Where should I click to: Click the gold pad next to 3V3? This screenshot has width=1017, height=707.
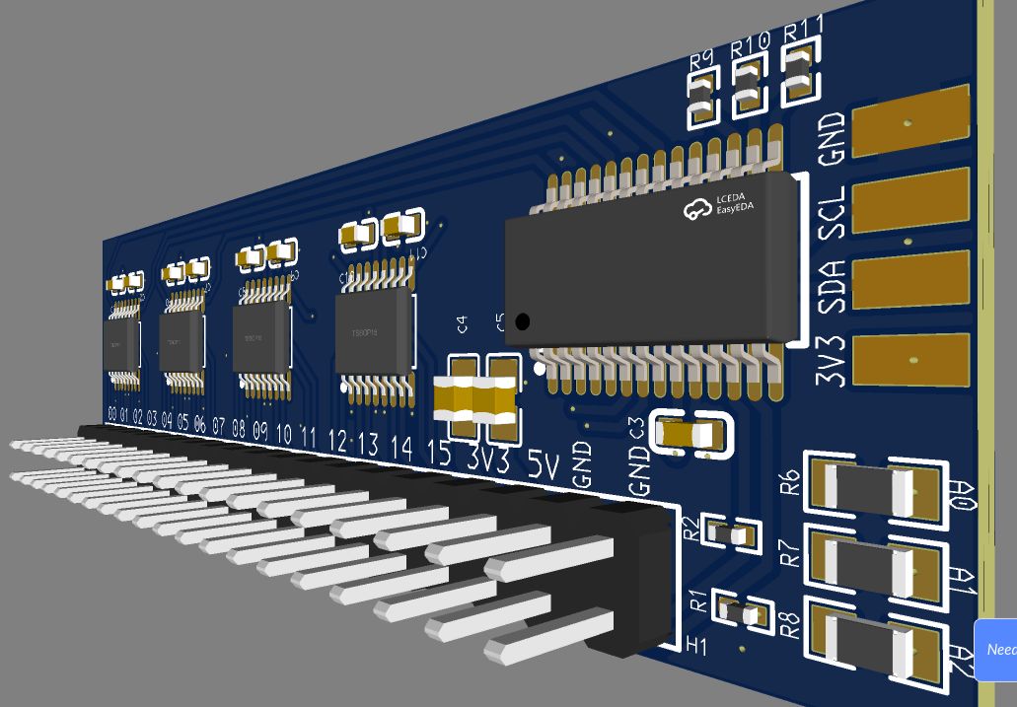[908, 361]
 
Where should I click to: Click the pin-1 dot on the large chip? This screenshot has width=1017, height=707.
[522, 321]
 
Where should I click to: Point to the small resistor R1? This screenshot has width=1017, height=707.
[741, 613]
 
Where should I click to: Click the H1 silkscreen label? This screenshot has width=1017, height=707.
[697, 646]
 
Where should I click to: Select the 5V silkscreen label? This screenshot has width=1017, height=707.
[542, 464]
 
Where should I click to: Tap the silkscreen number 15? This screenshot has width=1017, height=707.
[439, 453]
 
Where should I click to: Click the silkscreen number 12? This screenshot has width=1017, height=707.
[337, 441]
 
